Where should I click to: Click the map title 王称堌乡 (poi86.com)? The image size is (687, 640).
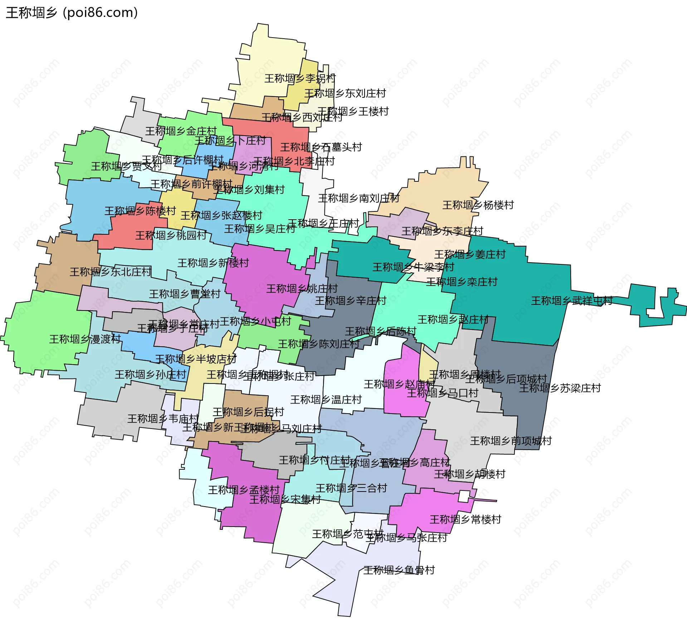(72, 13)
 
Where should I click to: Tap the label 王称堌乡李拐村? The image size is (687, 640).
(300, 78)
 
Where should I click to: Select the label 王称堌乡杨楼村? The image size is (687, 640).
(478, 205)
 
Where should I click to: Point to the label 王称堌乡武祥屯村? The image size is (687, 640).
(572, 301)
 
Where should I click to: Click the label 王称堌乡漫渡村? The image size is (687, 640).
(85, 339)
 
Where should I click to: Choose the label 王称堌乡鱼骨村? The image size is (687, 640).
(399, 570)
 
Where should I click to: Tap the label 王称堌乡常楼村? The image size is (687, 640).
(465, 519)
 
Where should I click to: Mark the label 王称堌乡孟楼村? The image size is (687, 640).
(244, 490)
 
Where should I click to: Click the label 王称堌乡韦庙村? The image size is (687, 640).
(163, 419)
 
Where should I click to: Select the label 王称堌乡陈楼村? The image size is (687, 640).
(140, 211)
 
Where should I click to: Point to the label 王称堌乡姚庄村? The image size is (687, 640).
(302, 289)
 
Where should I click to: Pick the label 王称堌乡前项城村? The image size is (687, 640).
(511, 441)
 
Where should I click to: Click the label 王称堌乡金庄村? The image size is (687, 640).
(181, 131)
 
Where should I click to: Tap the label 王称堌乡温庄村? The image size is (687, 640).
(326, 400)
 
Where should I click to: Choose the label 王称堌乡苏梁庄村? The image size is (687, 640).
(560, 388)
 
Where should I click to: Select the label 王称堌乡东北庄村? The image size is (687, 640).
(111, 272)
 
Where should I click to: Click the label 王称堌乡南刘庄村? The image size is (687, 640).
(359, 198)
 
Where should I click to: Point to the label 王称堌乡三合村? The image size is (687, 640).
(351, 488)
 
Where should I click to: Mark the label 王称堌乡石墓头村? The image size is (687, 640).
(321, 147)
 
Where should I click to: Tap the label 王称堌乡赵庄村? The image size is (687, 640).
(453, 319)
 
